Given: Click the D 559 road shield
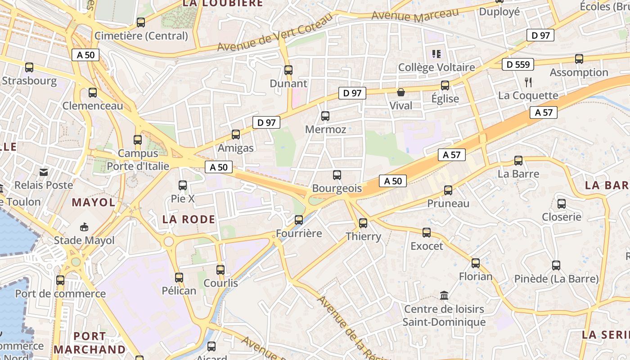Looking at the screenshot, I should tap(518, 64).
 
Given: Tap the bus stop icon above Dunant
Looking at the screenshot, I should tap(288, 70).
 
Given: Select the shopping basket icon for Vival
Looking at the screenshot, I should tap(400, 92).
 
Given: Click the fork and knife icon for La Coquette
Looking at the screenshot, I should tap(528, 82).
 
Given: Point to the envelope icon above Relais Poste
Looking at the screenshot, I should tap(44, 172).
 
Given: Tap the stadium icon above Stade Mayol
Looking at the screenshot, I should tap(84, 227).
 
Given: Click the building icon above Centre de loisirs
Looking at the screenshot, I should tap(444, 296).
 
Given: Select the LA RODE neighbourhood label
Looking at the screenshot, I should tap(189, 219).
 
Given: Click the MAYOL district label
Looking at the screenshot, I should tap(94, 202).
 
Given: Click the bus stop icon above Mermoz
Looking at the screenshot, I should tap(325, 116).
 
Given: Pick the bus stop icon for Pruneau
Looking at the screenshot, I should tap(448, 190).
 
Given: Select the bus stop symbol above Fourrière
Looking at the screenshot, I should tap(299, 220).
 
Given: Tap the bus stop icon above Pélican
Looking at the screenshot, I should tap(179, 278).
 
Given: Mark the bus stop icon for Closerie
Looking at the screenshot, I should tap(562, 204).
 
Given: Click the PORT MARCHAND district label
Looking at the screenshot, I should tap(90, 342).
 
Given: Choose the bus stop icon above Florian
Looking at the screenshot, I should tap(476, 263).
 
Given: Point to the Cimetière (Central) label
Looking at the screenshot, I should tap(141, 36).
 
